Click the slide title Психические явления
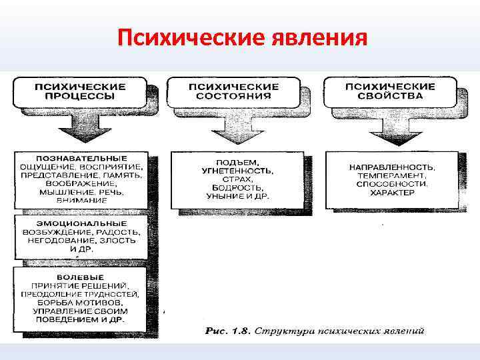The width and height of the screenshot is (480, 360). pos(242,37)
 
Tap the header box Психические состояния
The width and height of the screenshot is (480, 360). pos(233,91)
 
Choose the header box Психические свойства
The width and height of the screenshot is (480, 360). pos(389,91)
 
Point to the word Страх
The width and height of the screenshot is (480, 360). pos(239,180)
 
